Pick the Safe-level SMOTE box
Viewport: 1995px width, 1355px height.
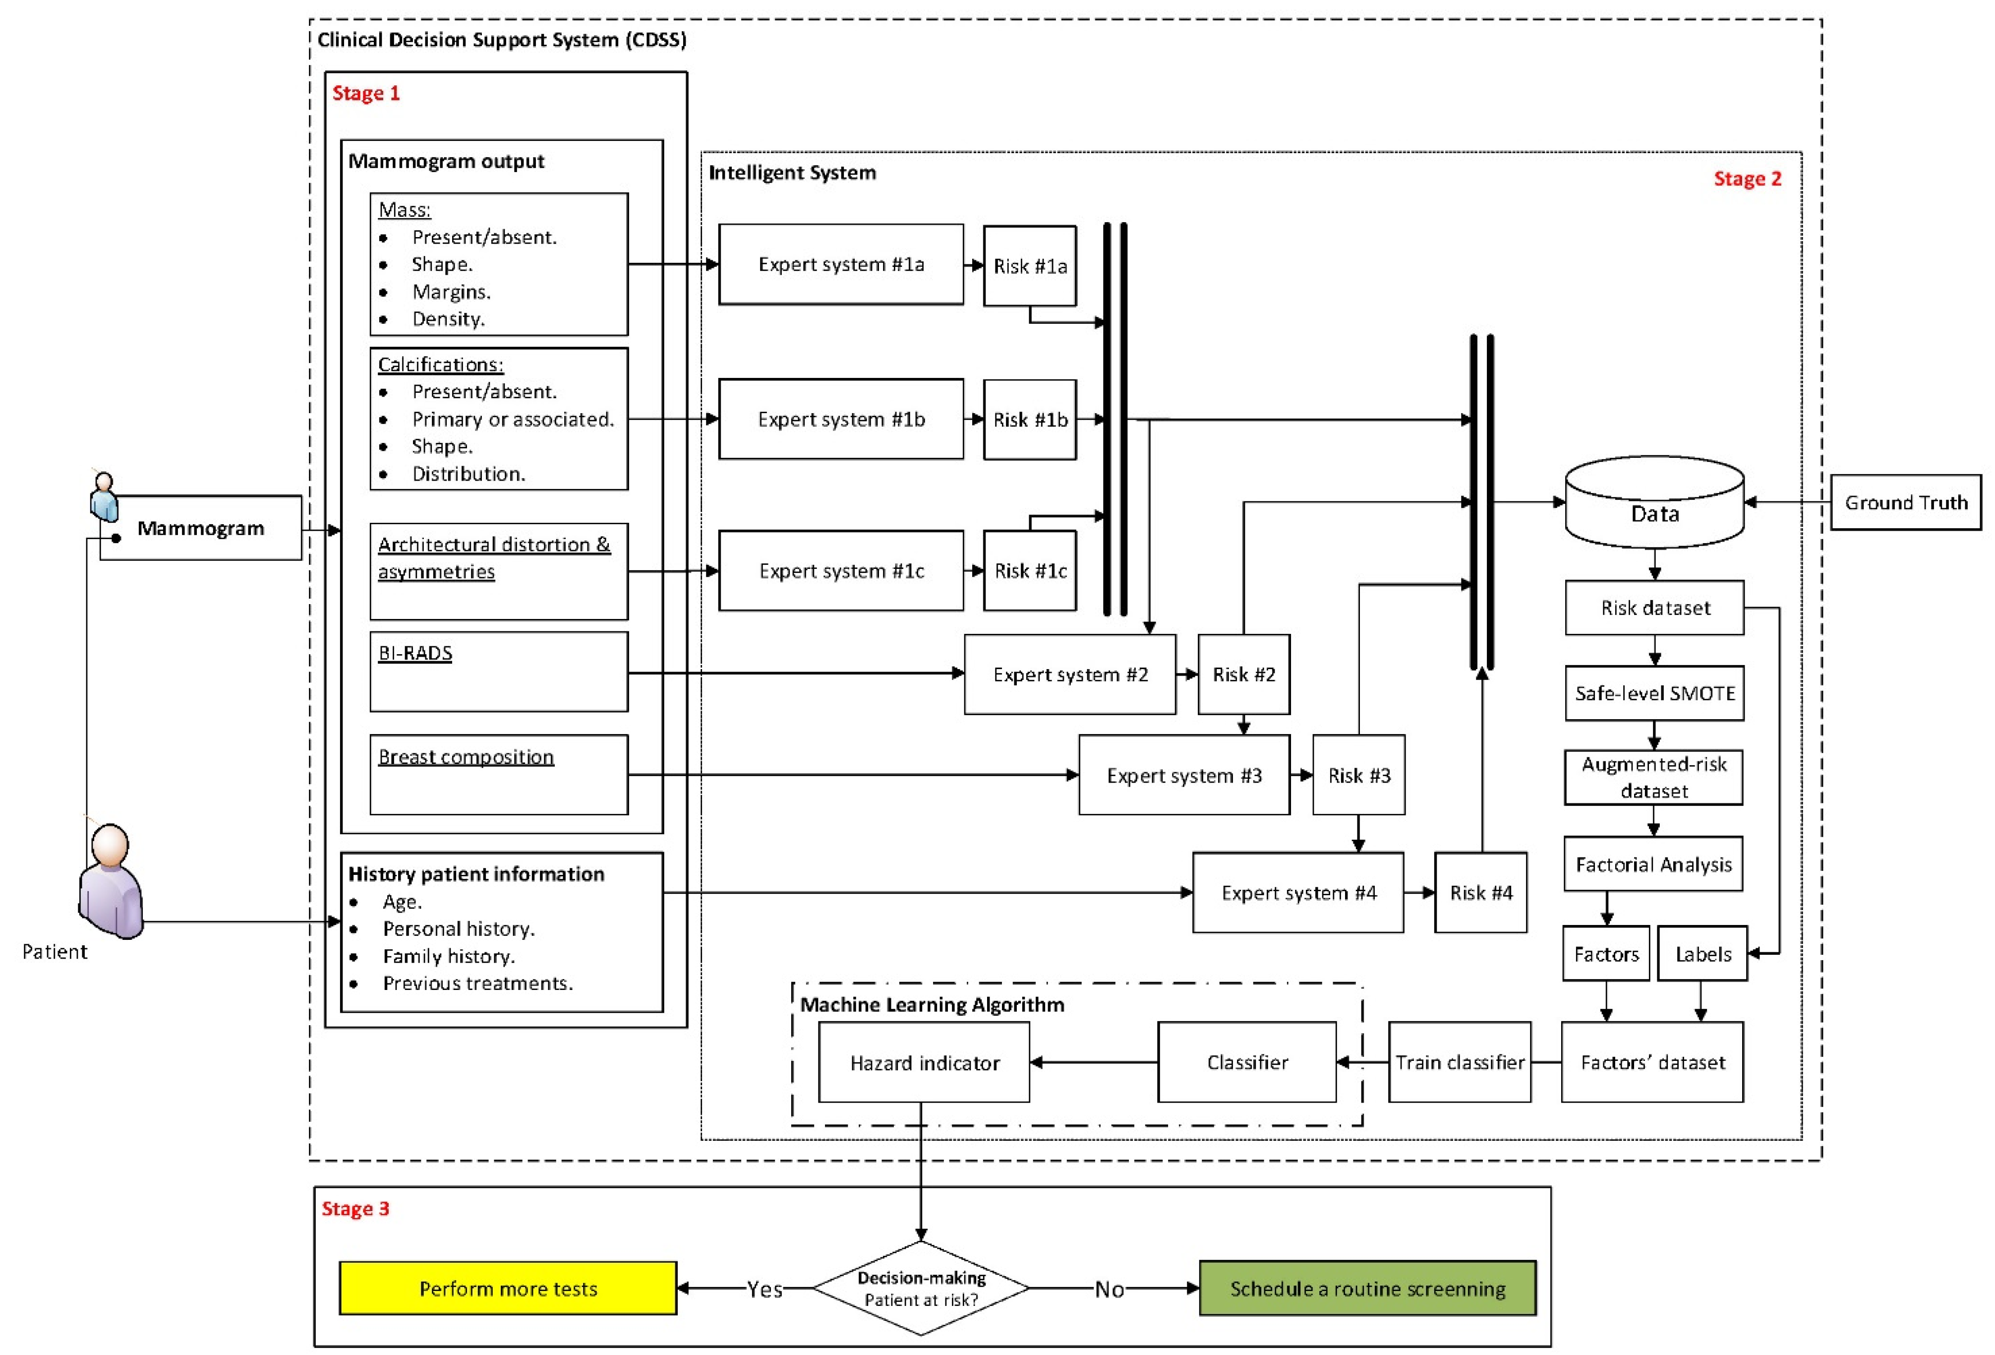pos(1654,693)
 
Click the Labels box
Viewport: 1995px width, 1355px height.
pos(1702,953)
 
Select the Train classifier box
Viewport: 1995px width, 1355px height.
pos(1460,1062)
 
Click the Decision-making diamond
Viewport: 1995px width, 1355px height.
pos(921,1288)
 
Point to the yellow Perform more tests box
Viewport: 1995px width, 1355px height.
pos(508,1288)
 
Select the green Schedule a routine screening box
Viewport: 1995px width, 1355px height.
pos(1367,1288)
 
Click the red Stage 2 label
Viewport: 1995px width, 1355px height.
pos(1747,179)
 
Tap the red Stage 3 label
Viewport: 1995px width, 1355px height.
pos(355,1208)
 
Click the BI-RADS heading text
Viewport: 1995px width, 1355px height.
pos(415,653)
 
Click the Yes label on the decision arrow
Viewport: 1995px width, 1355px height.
pos(764,1289)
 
